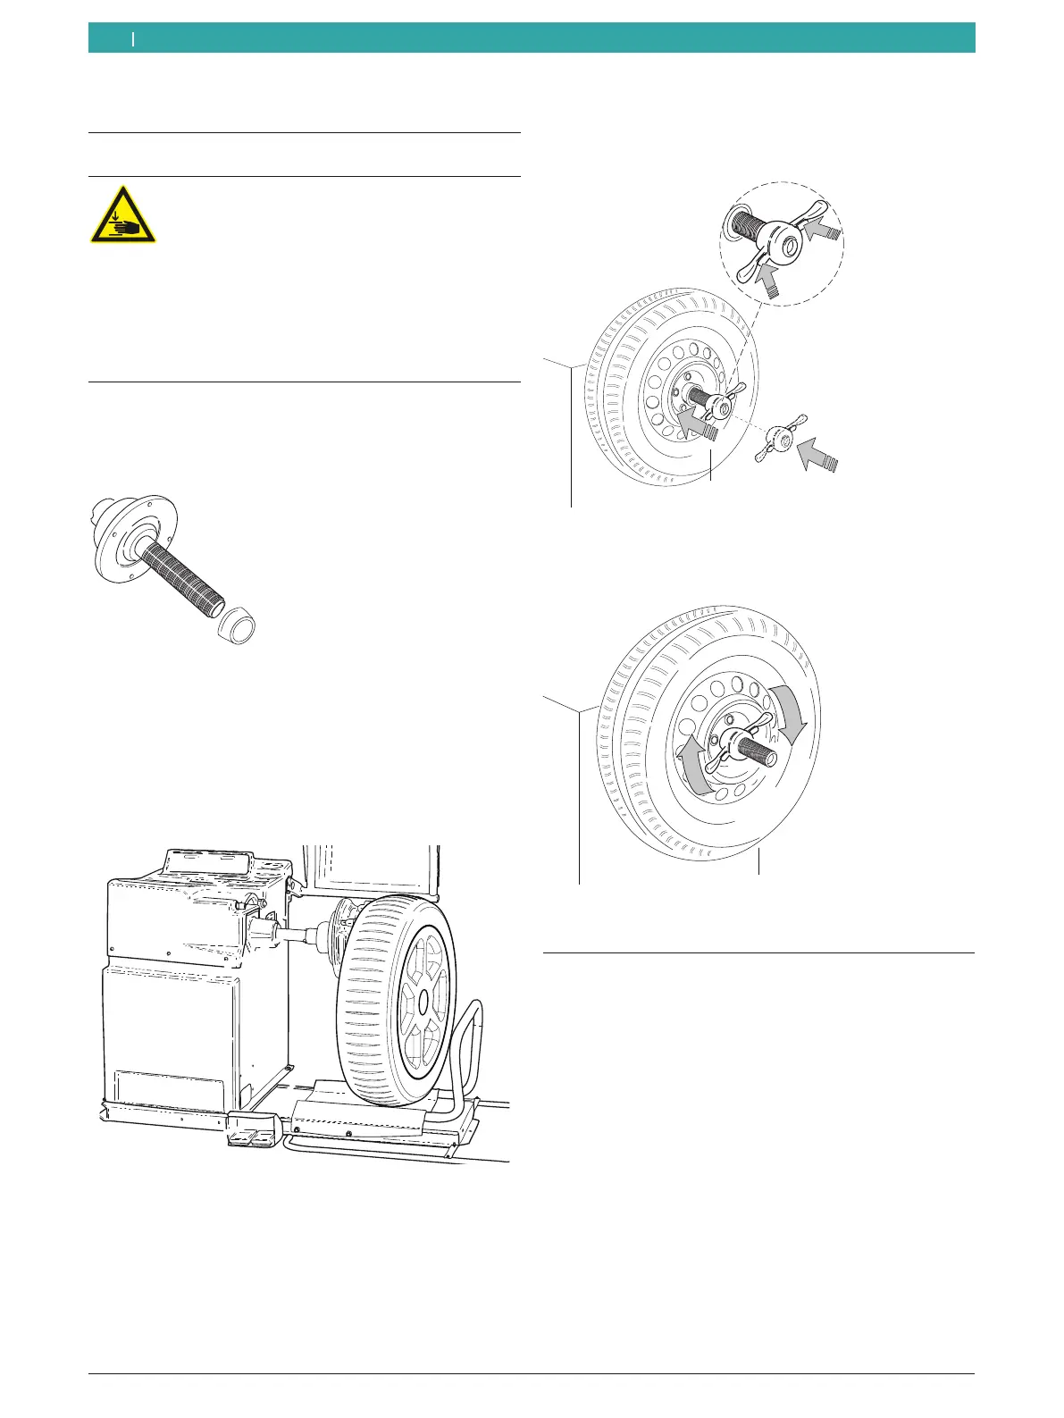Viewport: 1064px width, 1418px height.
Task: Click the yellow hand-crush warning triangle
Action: click(122, 217)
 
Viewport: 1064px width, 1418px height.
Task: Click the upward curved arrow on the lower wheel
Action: click(691, 768)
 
